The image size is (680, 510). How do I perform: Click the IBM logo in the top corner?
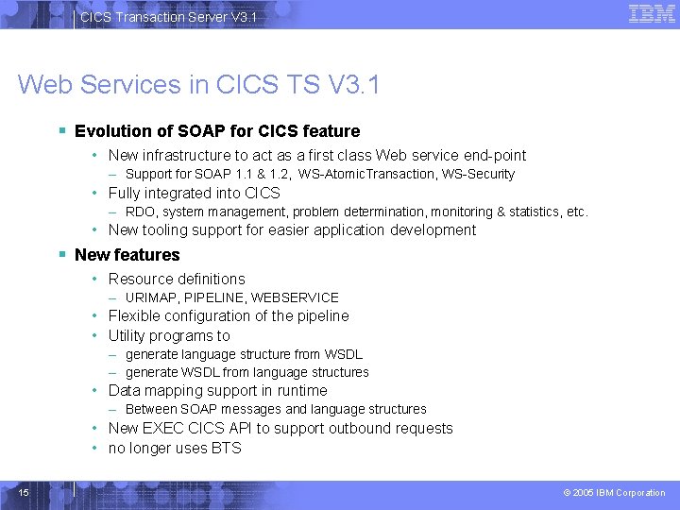click(x=652, y=13)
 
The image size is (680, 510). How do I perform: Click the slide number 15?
click(x=24, y=492)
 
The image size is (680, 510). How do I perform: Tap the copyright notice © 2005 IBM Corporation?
click(x=614, y=493)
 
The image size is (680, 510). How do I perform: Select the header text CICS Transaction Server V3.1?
click(x=167, y=17)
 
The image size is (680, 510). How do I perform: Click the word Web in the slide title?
click(x=47, y=85)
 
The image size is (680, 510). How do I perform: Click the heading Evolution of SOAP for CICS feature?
click(x=217, y=131)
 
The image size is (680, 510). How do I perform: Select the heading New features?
click(x=127, y=255)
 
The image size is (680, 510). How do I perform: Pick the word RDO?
click(x=140, y=212)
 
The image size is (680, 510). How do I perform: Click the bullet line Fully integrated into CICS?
click(x=194, y=194)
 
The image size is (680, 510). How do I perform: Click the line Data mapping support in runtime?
click(x=217, y=391)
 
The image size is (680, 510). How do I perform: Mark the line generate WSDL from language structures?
click(x=246, y=372)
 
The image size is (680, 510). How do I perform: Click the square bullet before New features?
click(x=61, y=255)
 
